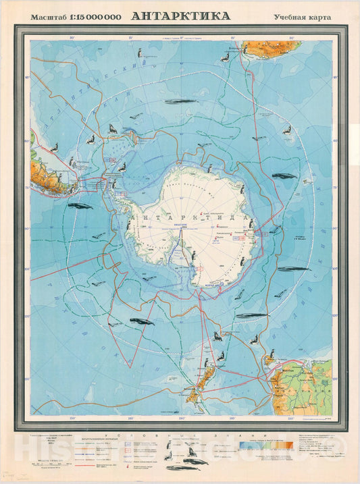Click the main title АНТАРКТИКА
point(180,16)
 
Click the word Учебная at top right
point(289,17)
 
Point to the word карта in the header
point(319,17)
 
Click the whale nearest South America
point(80,207)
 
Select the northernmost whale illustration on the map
point(180,102)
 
